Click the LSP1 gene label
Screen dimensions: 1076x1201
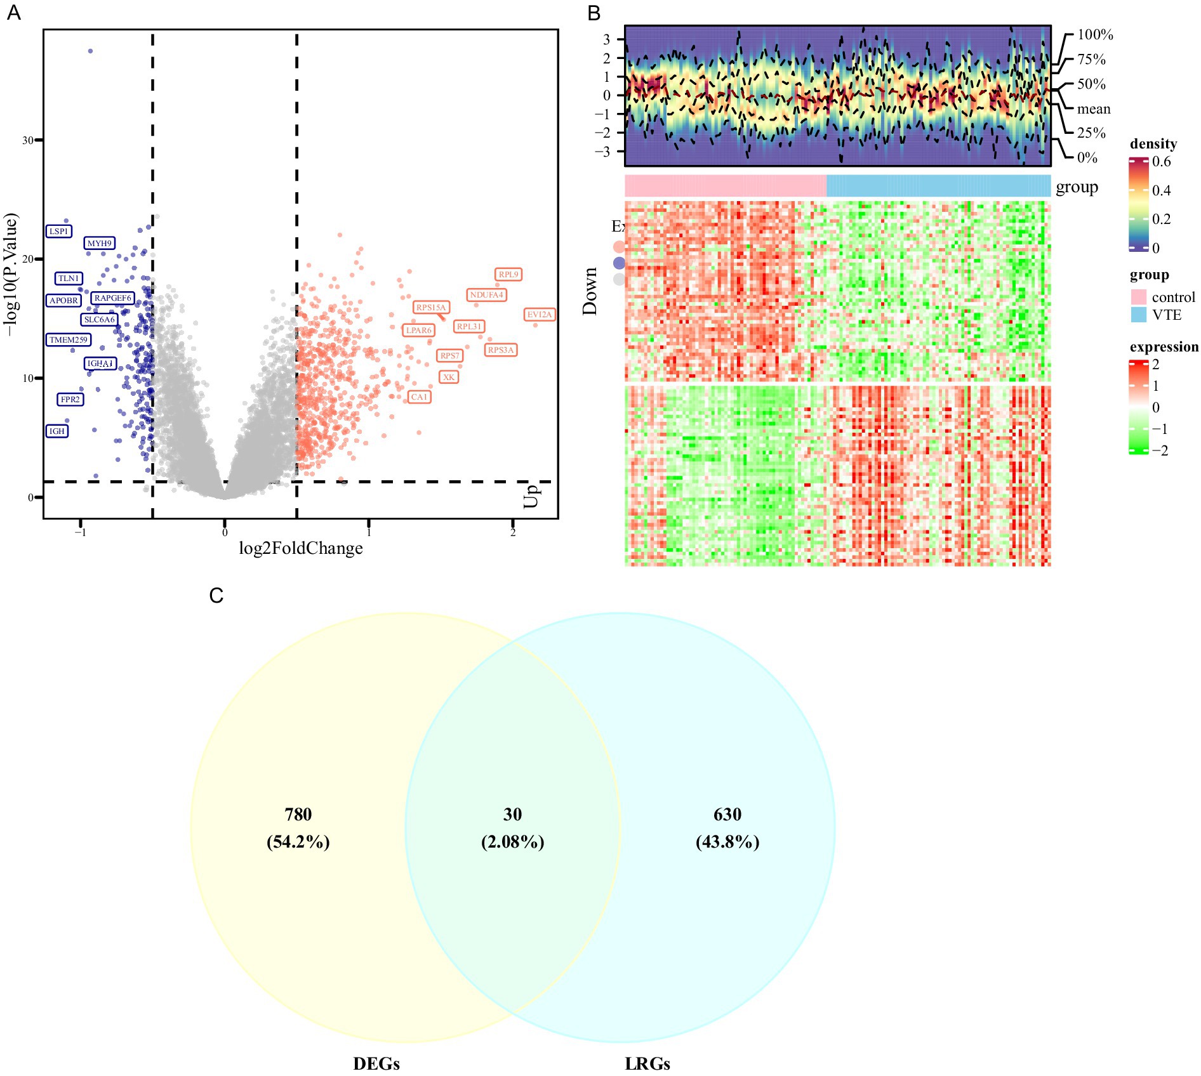click(58, 232)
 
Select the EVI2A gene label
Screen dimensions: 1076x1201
click(540, 315)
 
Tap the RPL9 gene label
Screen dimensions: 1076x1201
click(508, 275)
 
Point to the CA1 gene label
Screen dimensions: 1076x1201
click(419, 397)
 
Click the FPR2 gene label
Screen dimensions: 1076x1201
click(70, 400)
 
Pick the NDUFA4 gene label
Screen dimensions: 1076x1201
click(486, 295)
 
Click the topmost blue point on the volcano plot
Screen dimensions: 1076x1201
click(90, 51)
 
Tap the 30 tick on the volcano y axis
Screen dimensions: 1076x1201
click(28, 140)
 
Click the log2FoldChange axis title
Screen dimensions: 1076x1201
click(301, 549)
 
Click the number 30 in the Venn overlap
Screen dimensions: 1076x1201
click(512, 815)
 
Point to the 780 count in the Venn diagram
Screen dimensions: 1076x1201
click(298, 815)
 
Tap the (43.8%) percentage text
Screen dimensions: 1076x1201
click(727, 843)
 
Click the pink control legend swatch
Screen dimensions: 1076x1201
click(1139, 297)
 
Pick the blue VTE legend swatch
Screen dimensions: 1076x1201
click(1139, 315)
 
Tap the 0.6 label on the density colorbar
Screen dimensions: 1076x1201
click(1162, 162)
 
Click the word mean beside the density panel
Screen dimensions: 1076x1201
click(1094, 109)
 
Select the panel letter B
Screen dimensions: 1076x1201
click(594, 13)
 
